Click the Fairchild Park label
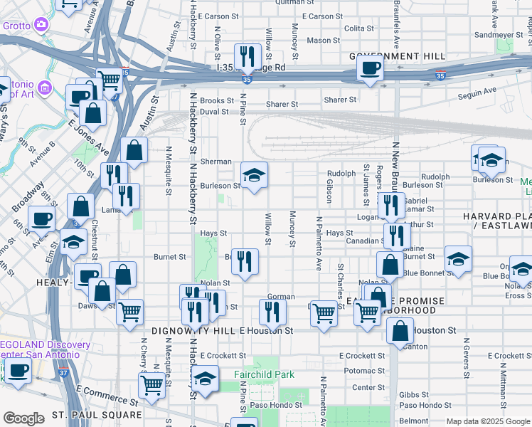pos(264,374)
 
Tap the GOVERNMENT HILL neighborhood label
pos(397,56)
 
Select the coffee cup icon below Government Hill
pos(369,70)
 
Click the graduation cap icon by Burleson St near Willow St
pos(252,176)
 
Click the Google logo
pos(23,418)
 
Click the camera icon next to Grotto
pos(41,25)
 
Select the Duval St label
pos(214,112)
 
